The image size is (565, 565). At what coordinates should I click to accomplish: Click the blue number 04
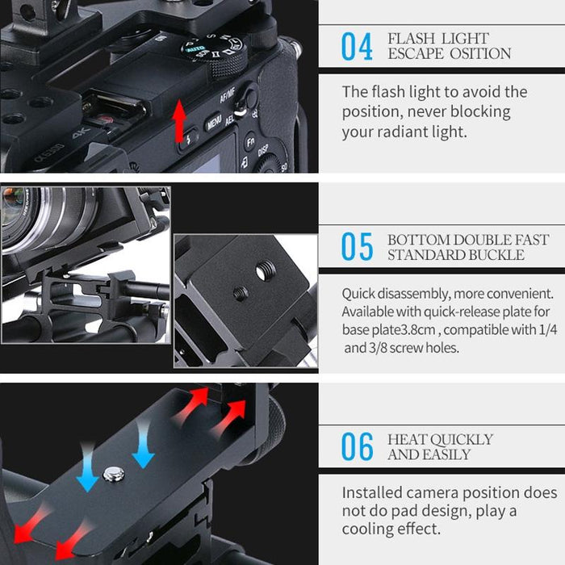coord(357,47)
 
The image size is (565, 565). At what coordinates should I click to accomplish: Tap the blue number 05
coord(357,248)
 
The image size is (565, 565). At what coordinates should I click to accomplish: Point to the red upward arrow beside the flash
coord(179,121)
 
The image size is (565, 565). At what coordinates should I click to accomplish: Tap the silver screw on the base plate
coord(113,474)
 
